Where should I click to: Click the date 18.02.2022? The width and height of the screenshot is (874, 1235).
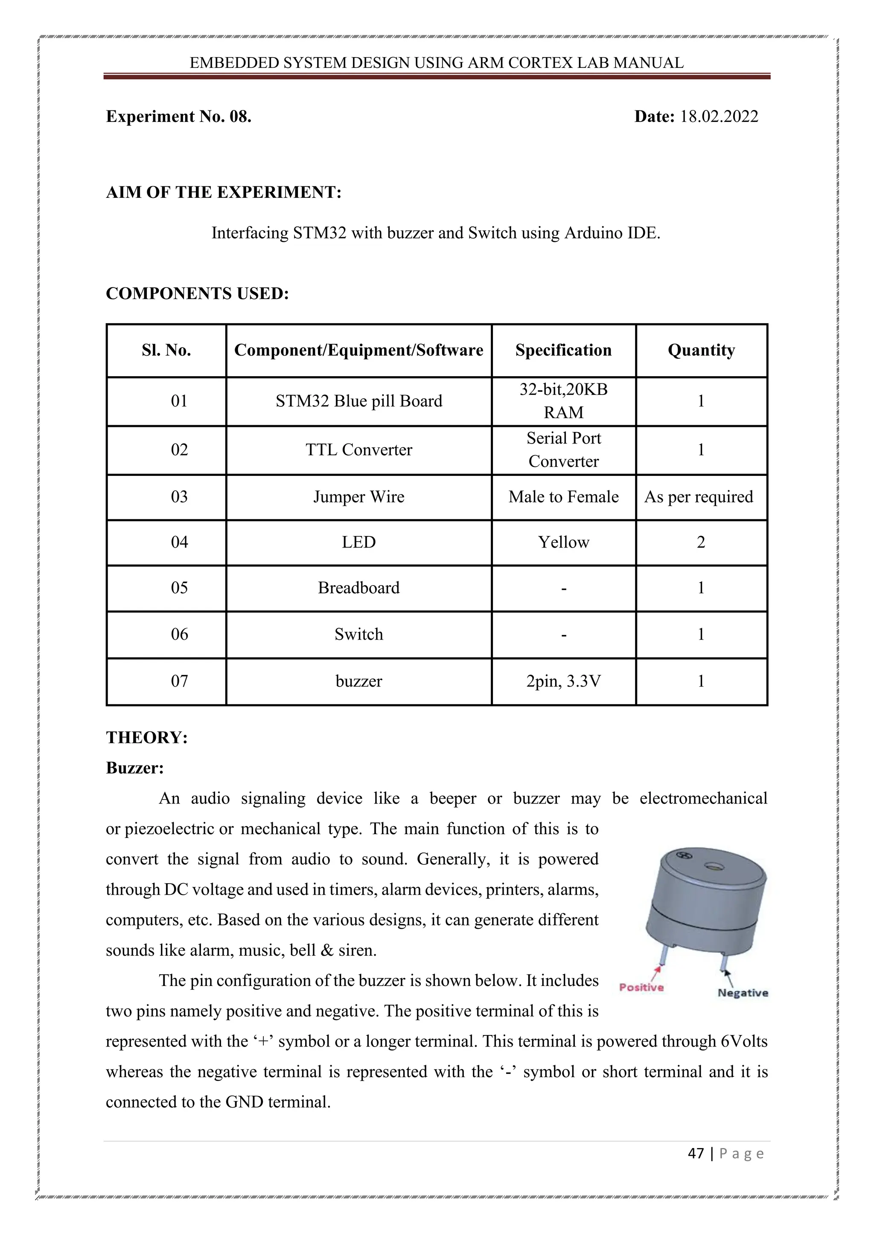719,117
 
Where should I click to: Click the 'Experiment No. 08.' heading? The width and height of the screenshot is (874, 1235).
179,117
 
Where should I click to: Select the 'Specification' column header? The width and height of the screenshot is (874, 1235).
563,350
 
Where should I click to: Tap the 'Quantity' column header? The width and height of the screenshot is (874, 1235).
701,350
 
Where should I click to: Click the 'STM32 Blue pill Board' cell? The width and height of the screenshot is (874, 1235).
359,401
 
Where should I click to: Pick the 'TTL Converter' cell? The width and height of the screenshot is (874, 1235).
359,449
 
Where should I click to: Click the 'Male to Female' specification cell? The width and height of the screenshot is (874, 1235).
563,496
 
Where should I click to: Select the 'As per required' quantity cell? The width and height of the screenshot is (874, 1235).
699,496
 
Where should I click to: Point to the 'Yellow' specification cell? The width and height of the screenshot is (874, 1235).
563,542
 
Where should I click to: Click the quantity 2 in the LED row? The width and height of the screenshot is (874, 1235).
701,542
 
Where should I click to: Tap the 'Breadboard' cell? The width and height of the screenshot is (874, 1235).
359,588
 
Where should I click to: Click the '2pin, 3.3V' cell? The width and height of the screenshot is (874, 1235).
563,681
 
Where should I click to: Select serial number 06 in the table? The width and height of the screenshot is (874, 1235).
179,634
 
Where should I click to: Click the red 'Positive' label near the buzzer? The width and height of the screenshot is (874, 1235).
641,988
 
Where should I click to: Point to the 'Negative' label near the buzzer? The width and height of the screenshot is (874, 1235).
743,993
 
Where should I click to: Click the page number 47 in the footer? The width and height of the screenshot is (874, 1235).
696,1154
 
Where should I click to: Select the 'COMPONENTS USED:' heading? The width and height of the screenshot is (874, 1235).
198,294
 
